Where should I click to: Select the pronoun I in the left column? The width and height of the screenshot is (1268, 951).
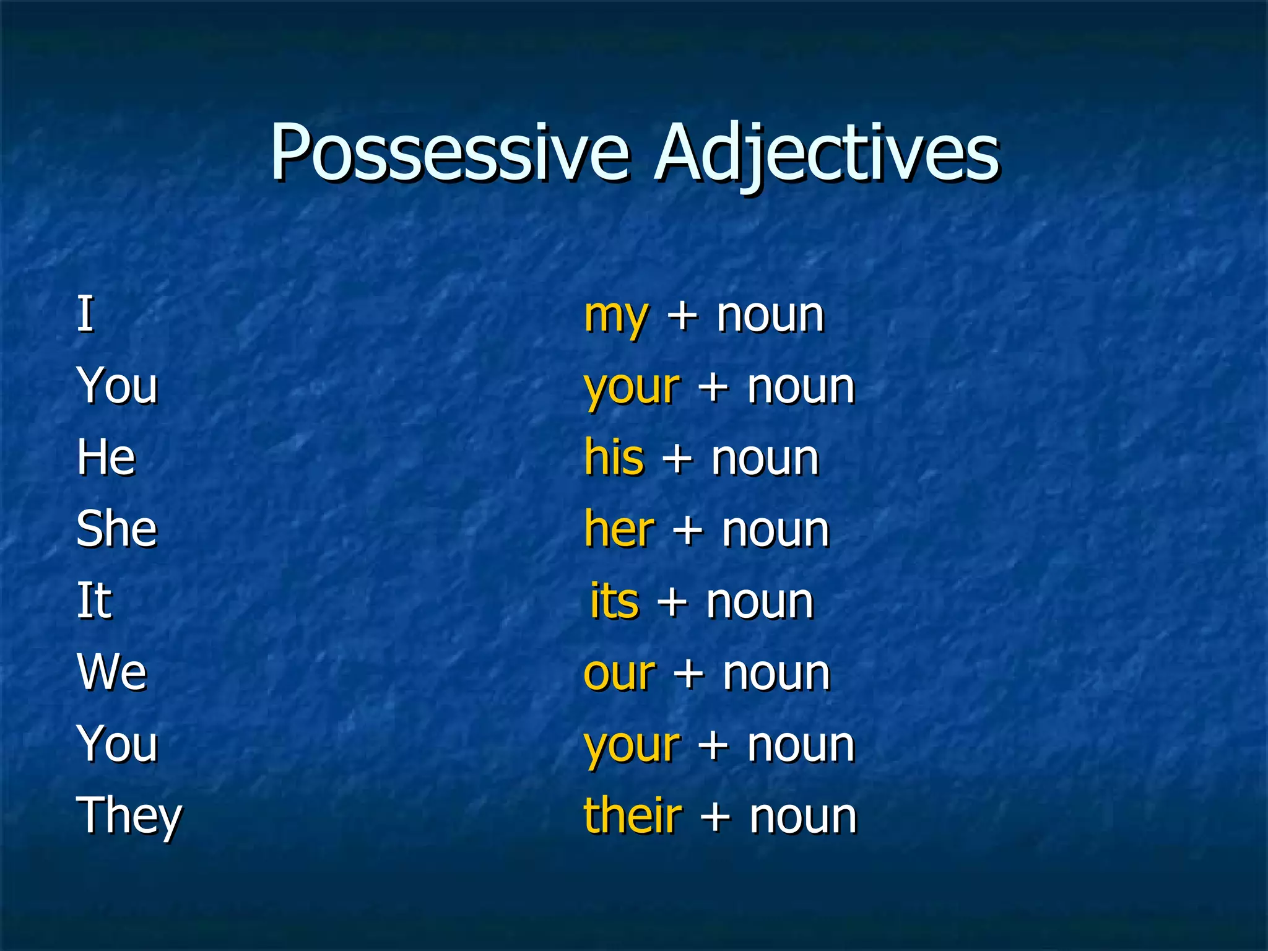[85, 314]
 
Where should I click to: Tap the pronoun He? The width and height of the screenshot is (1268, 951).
[106, 458]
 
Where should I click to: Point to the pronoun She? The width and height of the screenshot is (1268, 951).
[116, 529]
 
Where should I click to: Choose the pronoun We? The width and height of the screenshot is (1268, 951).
[112, 672]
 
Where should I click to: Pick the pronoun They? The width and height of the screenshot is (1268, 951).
[129, 816]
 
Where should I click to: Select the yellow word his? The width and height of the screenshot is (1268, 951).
[614, 458]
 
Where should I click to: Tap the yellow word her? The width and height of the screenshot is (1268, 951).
[619, 529]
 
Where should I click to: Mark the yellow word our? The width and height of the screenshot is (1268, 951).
[619, 674]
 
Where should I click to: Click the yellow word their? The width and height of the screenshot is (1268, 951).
[632, 815]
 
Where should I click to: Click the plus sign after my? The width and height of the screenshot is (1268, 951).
[682, 316]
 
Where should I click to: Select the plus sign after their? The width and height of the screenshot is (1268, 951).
[715, 817]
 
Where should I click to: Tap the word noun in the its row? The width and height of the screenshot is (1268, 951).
[760, 602]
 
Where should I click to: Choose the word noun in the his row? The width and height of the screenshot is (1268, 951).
[765, 459]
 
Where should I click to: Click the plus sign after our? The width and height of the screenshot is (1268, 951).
[688, 674]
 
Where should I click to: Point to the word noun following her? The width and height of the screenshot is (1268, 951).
[775, 531]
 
